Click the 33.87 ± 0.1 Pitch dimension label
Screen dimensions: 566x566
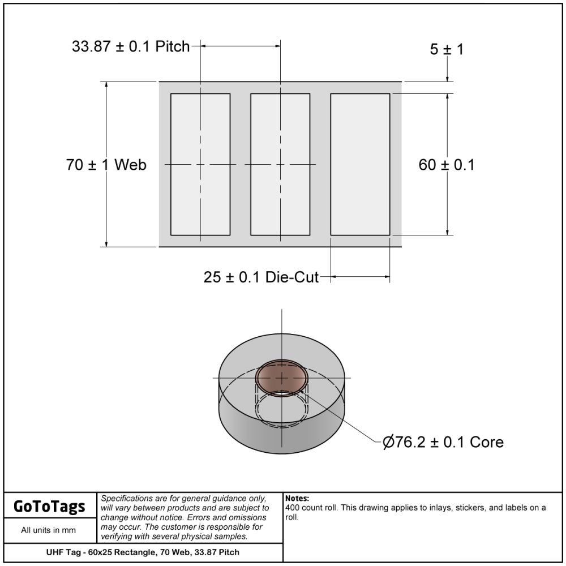[x=131, y=46]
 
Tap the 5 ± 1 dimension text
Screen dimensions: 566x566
[x=447, y=49]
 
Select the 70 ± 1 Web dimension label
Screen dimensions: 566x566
[x=106, y=165]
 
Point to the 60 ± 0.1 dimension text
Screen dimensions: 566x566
[x=447, y=165]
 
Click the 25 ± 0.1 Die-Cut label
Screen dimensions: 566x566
[x=261, y=277]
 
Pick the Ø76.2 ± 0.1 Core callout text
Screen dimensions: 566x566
[x=443, y=442]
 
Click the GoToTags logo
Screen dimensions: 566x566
[x=49, y=506]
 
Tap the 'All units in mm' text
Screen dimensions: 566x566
[x=48, y=530]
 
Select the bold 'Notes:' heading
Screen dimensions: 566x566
[x=297, y=499]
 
